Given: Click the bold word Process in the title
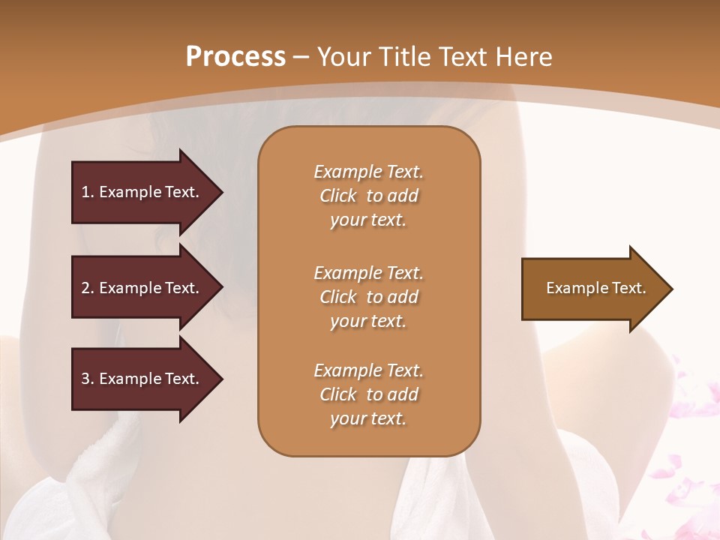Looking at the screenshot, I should (235, 57).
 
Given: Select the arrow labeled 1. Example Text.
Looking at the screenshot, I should (142, 192).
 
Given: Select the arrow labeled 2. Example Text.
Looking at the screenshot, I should (142, 288).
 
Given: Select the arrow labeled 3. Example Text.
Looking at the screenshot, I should (142, 379).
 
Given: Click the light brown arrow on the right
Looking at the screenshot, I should (592, 289).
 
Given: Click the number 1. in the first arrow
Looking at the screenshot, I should (88, 192).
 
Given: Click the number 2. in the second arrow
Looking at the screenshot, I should (88, 288).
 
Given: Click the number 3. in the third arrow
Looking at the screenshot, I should (88, 379).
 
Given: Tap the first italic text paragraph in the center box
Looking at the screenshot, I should (368, 196).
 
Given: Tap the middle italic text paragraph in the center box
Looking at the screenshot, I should (368, 297).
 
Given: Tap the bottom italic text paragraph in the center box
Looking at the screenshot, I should (368, 394).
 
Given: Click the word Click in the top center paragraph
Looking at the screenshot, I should (338, 196).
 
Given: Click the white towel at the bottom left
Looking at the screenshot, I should (97, 487).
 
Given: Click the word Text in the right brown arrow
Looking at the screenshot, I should (629, 288).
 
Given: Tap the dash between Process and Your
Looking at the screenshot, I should (301, 58).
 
